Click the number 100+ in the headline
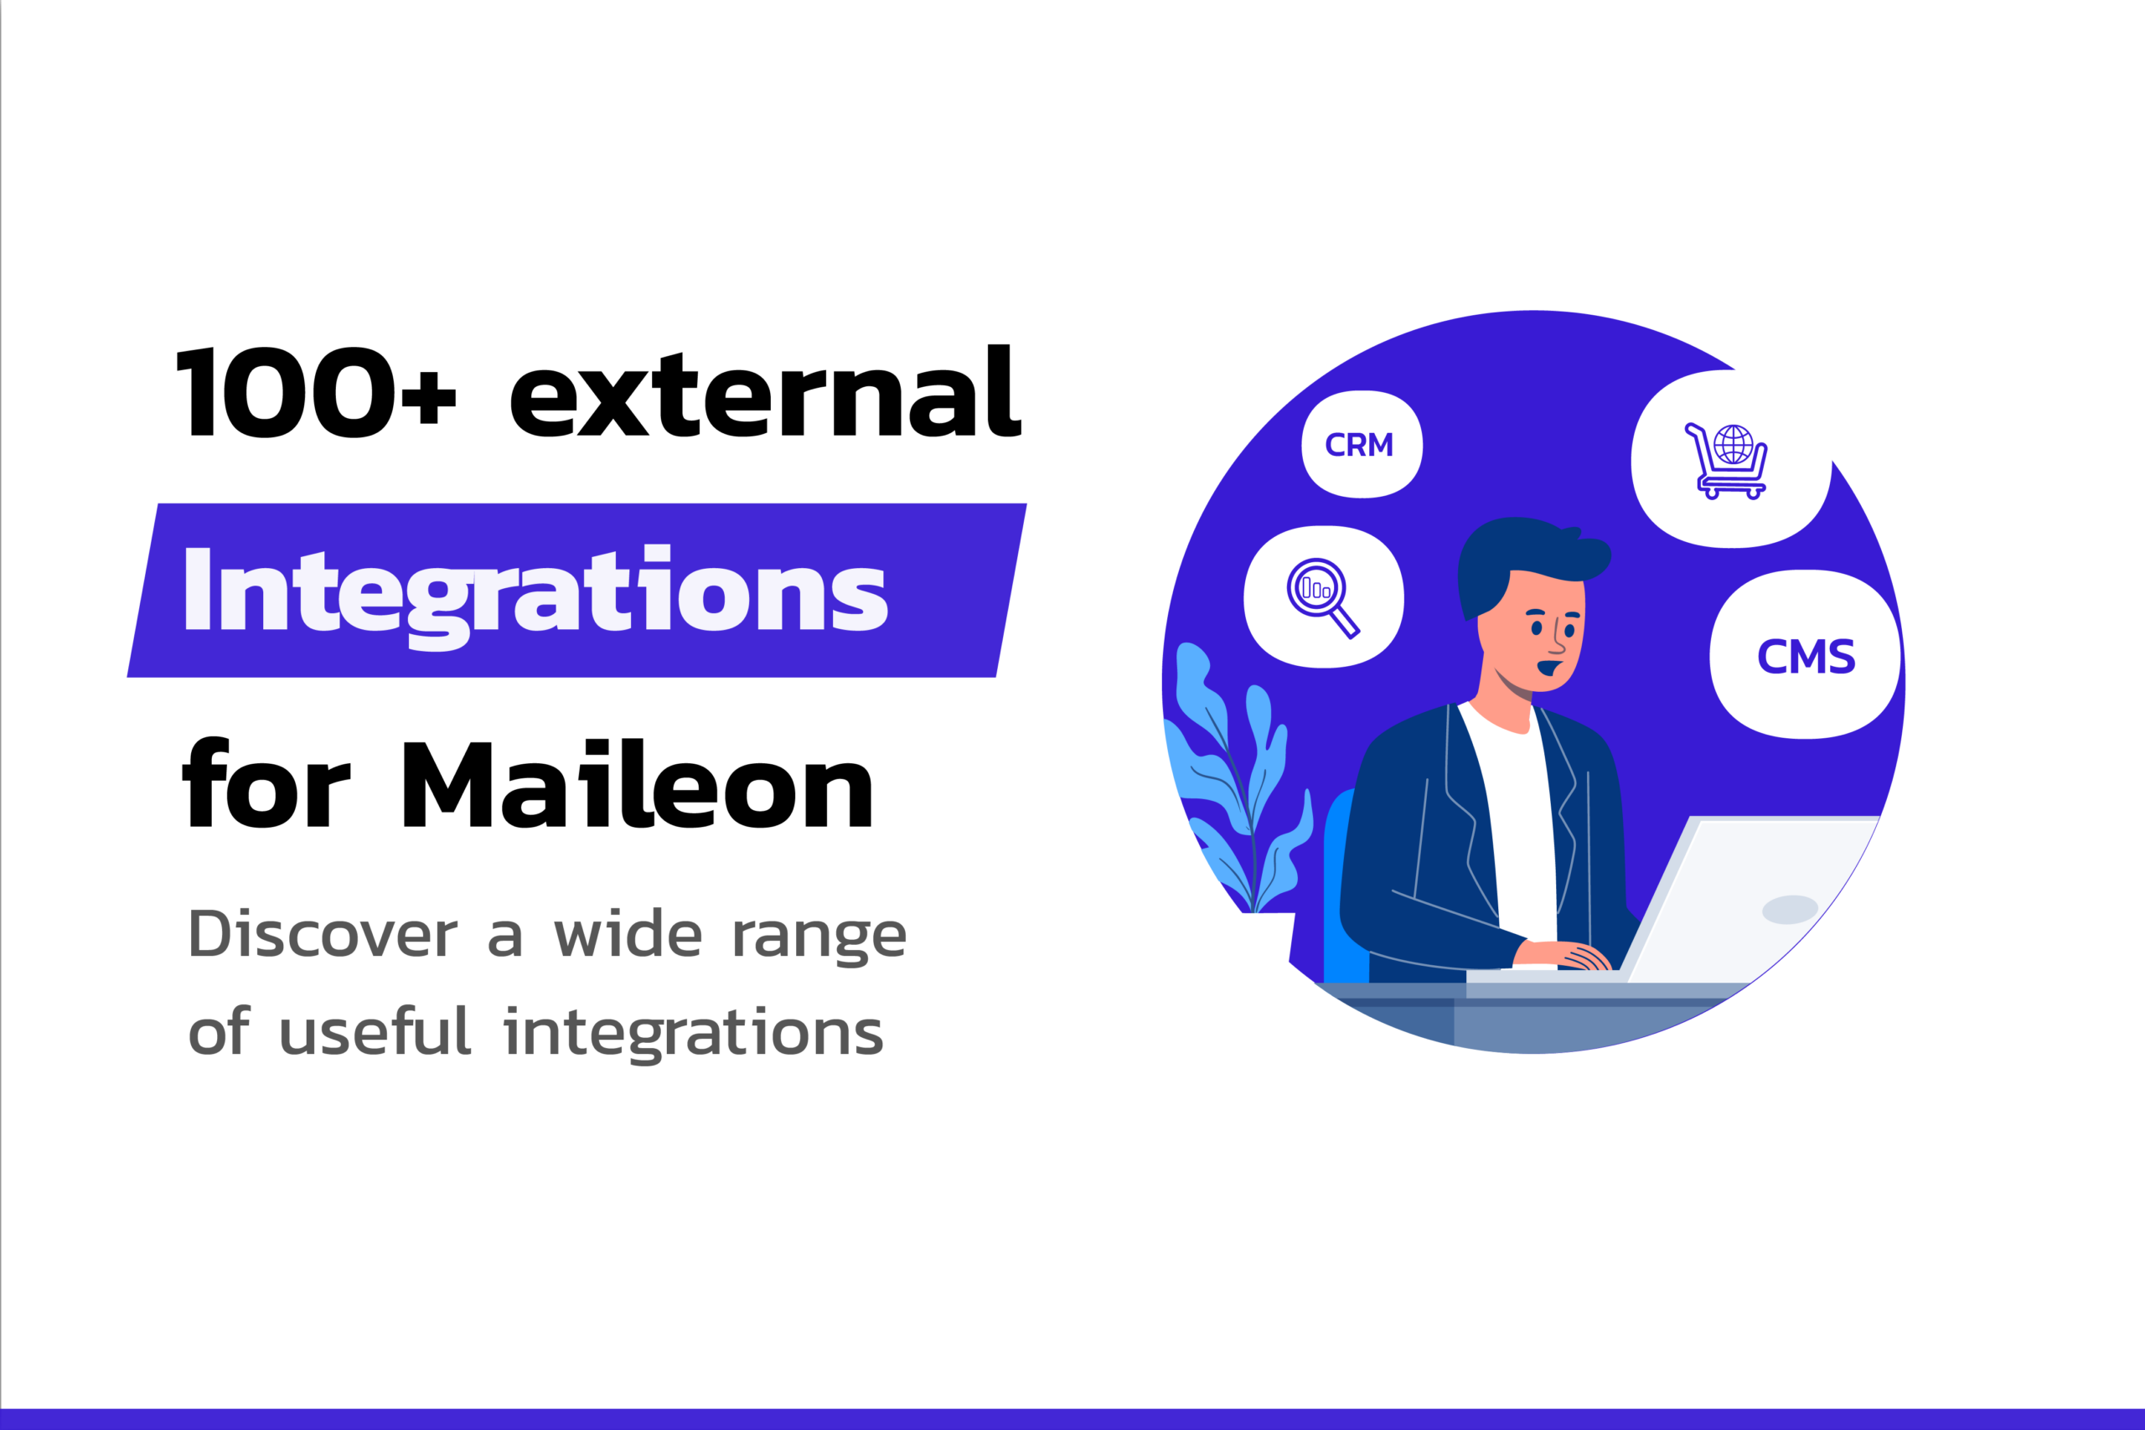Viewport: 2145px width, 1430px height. (316, 392)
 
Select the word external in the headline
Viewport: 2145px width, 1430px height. (766, 391)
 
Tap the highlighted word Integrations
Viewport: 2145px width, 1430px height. (535, 596)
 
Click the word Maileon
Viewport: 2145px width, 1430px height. (638, 783)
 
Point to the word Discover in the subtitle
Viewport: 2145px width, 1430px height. (323, 935)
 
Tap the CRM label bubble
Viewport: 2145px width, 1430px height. (1362, 444)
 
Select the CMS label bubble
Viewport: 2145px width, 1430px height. (1805, 655)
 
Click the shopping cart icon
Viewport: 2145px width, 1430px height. (1727, 462)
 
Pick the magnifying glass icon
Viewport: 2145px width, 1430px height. (1322, 597)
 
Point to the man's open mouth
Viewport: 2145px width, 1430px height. (1548, 668)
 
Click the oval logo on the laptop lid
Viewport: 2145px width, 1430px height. (1791, 909)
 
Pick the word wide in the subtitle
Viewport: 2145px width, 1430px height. (628, 934)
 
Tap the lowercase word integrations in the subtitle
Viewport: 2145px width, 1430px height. (693, 1032)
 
